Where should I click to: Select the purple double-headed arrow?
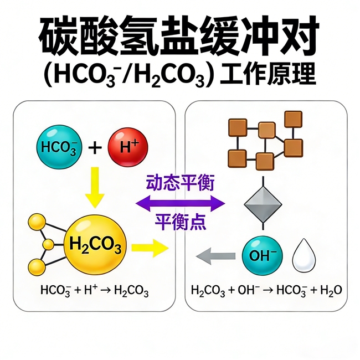tap(181, 203)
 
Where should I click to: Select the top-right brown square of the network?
tap(293, 119)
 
